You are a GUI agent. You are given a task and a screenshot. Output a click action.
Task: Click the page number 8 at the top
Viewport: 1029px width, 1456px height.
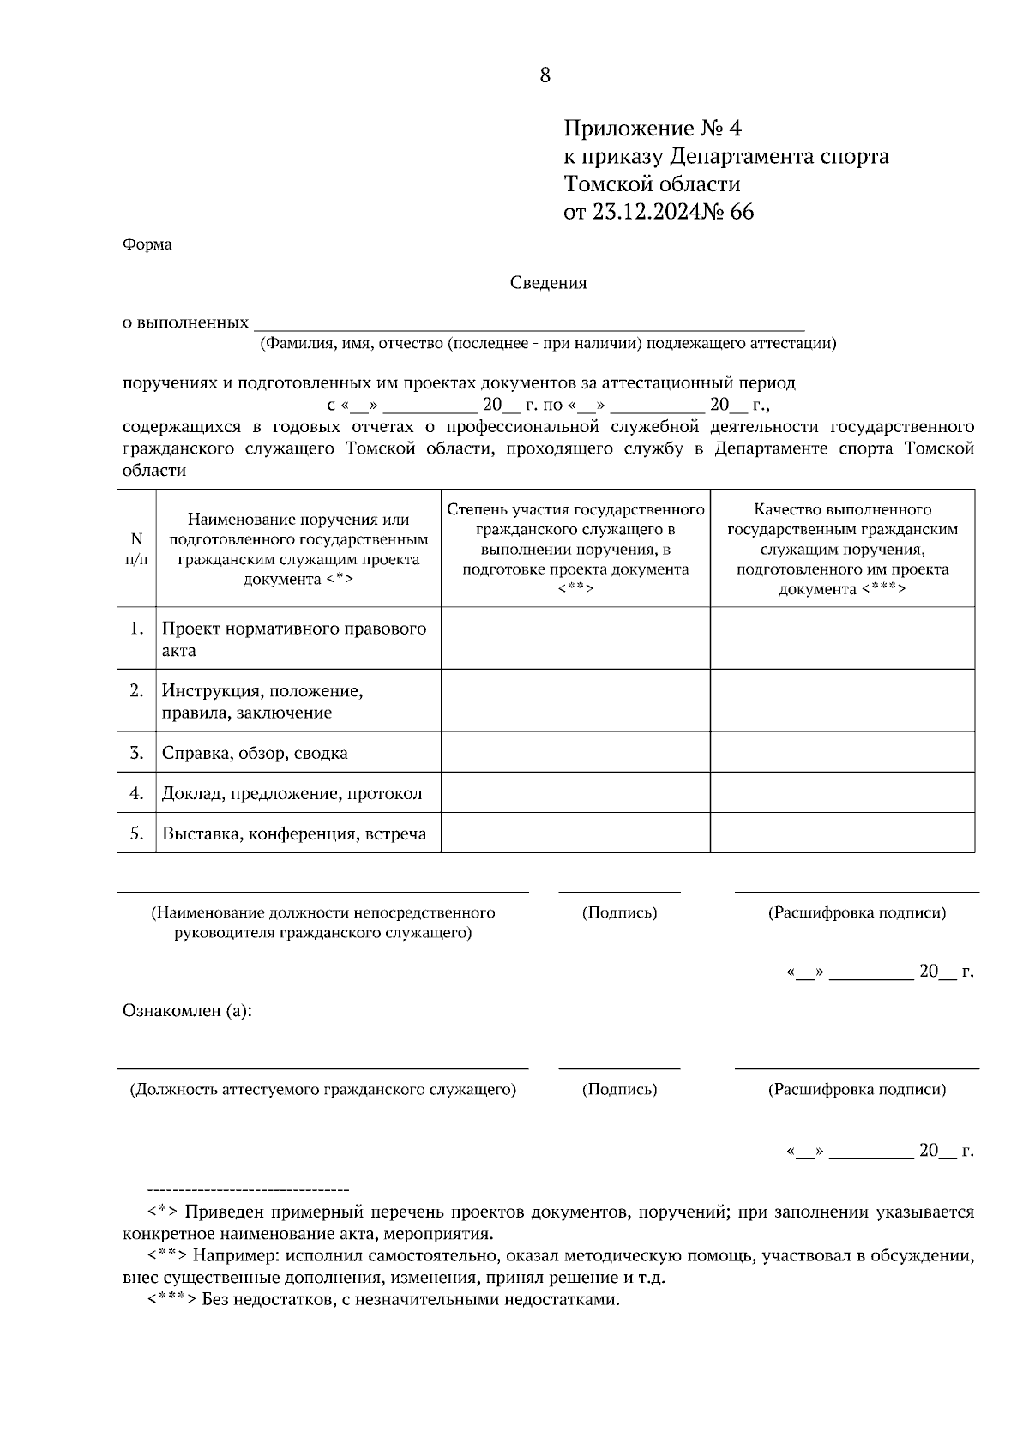[545, 75]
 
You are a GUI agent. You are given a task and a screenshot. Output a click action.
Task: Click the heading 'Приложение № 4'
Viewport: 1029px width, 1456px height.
[652, 129]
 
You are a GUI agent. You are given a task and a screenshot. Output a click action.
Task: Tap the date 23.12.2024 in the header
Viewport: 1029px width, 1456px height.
[645, 212]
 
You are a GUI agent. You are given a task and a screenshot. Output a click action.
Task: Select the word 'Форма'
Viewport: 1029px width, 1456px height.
[147, 244]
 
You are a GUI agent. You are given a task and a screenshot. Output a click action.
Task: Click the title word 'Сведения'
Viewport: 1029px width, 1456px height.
[549, 283]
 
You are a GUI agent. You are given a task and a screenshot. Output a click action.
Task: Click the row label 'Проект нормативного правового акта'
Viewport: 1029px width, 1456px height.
[294, 639]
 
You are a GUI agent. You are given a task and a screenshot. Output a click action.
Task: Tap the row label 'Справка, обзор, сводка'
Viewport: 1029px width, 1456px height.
[255, 753]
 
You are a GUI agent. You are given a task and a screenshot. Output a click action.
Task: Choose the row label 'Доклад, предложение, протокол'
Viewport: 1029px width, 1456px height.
[292, 793]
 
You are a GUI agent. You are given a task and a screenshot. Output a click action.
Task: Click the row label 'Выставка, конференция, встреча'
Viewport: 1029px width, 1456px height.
[294, 833]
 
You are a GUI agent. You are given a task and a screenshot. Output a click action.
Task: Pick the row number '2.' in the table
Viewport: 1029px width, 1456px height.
[136, 690]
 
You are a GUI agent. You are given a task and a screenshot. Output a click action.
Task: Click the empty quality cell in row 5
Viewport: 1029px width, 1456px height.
[842, 833]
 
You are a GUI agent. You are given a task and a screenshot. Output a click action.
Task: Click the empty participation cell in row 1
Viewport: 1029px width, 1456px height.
[575, 638]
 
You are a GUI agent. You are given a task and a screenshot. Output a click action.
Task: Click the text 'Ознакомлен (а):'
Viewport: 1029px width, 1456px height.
[187, 1011]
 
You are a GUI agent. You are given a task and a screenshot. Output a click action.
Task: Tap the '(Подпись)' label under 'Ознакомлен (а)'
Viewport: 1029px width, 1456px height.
[619, 1090]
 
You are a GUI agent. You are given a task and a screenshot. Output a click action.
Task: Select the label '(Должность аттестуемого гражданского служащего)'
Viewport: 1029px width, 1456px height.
[322, 1090]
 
